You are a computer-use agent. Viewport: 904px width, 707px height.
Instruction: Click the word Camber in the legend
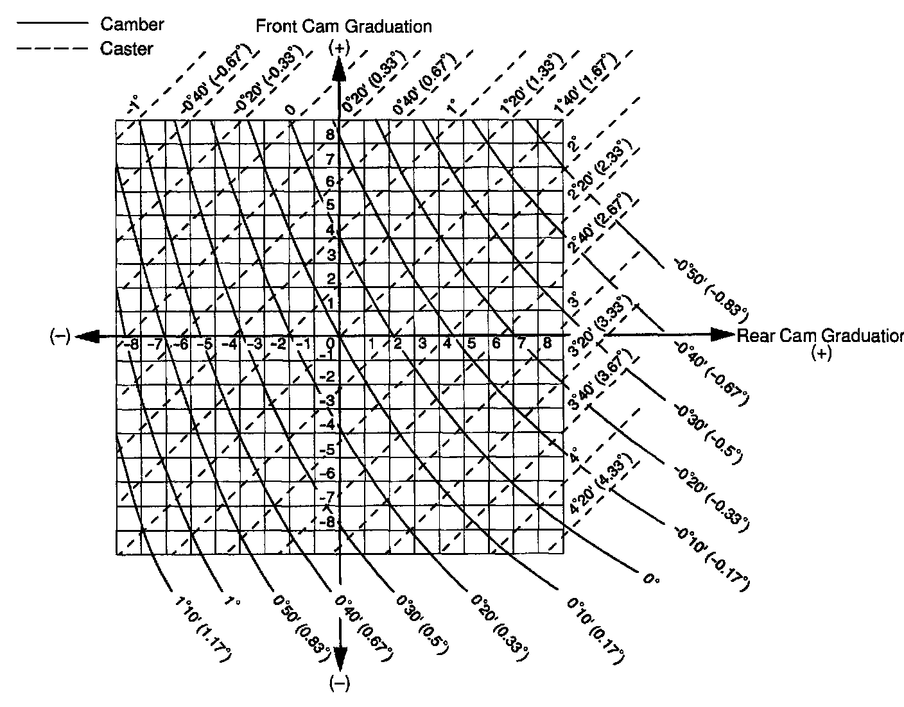(132, 24)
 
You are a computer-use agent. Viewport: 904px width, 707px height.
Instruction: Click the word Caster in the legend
(126, 48)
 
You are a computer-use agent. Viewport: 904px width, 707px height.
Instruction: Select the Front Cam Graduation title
(343, 26)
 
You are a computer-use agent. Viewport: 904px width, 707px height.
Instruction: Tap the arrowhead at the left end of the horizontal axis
(87, 336)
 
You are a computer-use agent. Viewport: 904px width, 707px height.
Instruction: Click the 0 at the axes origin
(332, 343)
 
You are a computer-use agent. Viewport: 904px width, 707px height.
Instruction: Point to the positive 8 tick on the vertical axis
(330, 135)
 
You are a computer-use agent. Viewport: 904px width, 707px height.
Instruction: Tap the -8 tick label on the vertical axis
(327, 522)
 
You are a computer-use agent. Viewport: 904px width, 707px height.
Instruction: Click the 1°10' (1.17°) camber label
(202, 629)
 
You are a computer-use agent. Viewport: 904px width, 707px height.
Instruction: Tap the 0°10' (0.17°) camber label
(595, 629)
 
